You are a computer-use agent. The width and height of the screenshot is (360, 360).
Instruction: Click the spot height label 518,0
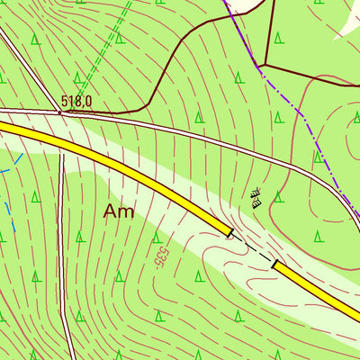pyautogui.click(x=76, y=102)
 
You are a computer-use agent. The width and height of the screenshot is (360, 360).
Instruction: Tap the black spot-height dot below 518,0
pyautogui.click(x=61, y=112)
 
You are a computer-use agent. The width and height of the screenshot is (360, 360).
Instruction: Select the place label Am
pyautogui.click(x=120, y=211)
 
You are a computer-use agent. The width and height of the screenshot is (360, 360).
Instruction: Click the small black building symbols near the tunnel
pyautogui.click(x=255, y=196)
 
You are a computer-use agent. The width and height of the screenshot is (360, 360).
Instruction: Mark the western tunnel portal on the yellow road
pyautogui.click(x=231, y=234)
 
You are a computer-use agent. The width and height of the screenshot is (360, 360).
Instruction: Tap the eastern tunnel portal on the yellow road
pyautogui.click(x=274, y=265)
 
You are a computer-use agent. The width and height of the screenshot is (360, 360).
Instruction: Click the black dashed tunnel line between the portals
pyautogui.click(x=253, y=249)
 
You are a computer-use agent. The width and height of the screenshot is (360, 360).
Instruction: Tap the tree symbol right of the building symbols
pyautogui.click(x=278, y=196)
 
